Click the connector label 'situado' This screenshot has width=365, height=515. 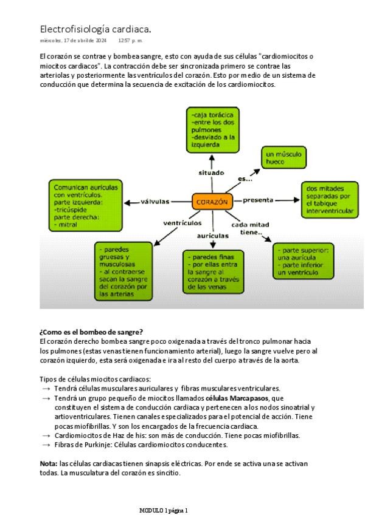[x=211, y=173]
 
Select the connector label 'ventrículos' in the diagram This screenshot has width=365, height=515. [x=182, y=223]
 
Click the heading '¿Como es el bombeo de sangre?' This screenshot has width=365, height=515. [x=91, y=332]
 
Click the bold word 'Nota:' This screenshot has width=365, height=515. [x=48, y=463]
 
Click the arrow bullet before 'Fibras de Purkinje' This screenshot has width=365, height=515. [x=46, y=445]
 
